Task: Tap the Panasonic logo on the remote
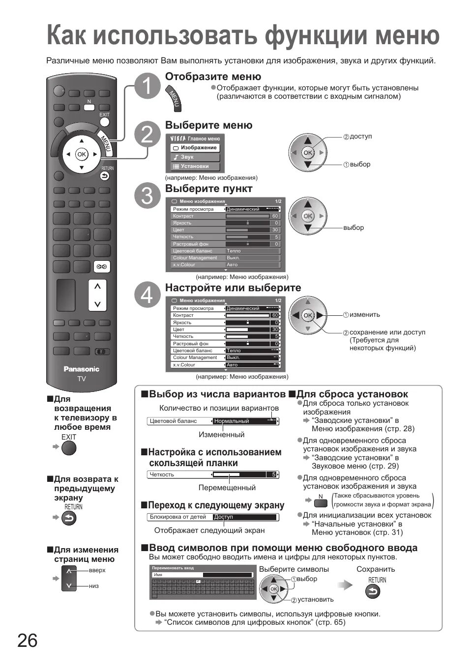pyautogui.click(x=81, y=369)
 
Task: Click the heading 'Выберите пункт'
pyautogui.click(x=208, y=189)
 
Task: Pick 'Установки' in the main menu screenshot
pyautogui.click(x=194, y=167)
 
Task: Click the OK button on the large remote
pyautogui.click(x=81, y=154)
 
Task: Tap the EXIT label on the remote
pyautogui.click(x=104, y=114)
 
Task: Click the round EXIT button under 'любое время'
pyautogui.click(x=69, y=448)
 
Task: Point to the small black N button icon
pyautogui.click(x=321, y=501)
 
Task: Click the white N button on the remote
pyautogui.click(x=89, y=106)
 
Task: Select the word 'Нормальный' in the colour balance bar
pyautogui.click(x=232, y=421)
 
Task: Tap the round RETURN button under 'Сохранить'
pyautogui.click(x=372, y=592)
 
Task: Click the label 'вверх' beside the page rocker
pyautogui.click(x=97, y=570)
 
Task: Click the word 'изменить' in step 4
pyautogui.click(x=364, y=315)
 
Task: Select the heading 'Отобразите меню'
pyautogui.click(x=213, y=77)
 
